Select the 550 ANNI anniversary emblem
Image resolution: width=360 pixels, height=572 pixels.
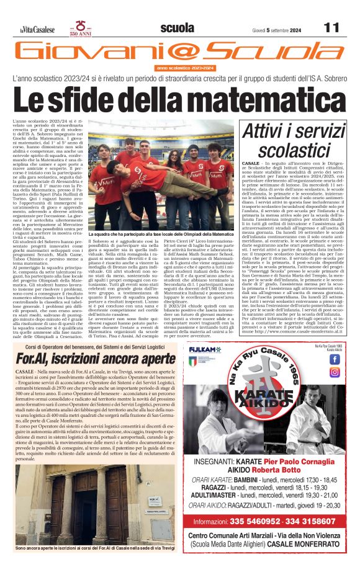pos(81,29)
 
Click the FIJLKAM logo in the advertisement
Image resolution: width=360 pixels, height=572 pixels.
pos(205,350)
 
